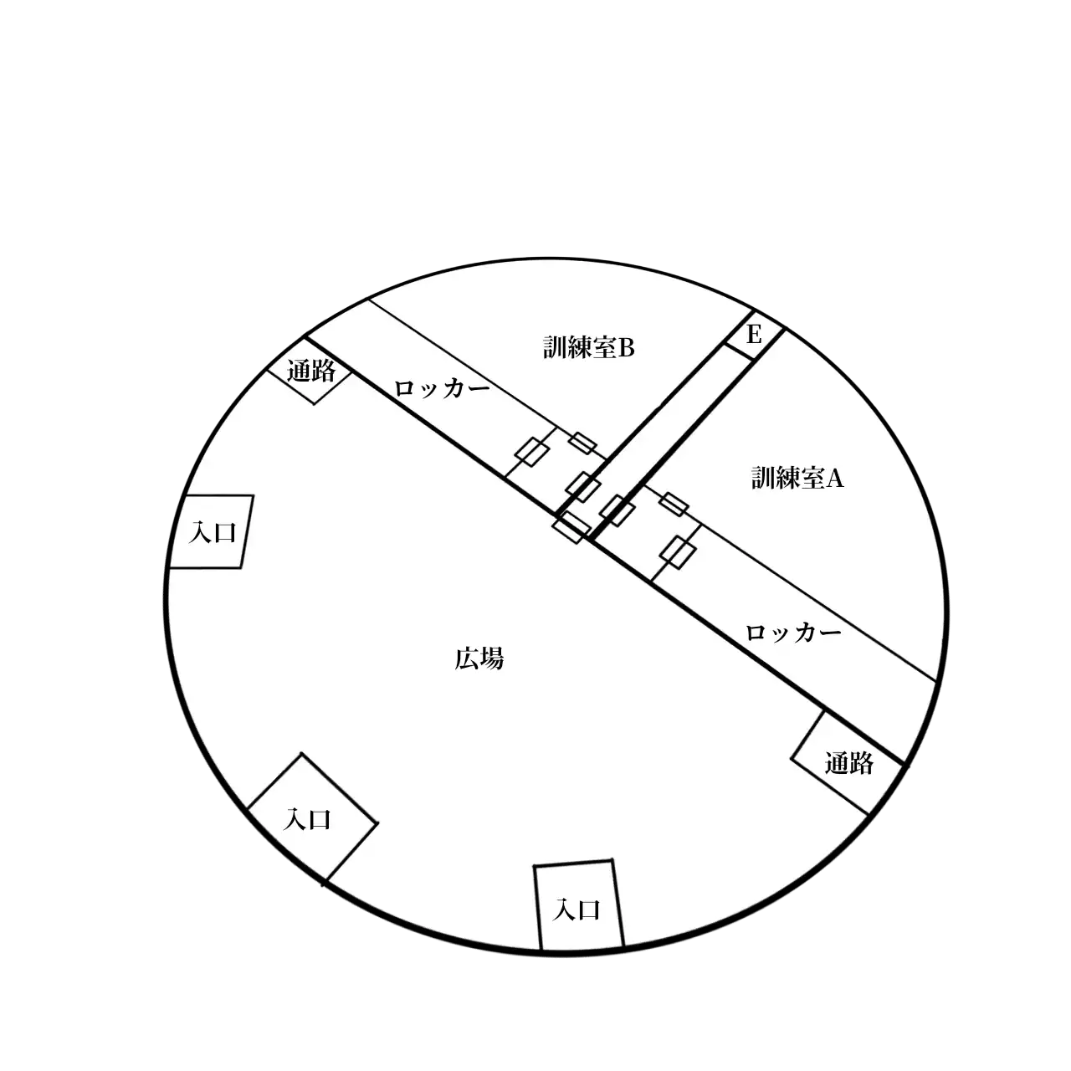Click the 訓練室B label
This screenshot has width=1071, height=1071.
click(588, 348)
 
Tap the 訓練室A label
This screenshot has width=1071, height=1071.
click(797, 478)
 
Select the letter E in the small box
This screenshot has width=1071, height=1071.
click(754, 335)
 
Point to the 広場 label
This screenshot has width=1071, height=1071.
click(479, 659)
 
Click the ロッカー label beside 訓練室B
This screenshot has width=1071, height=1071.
click(442, 388)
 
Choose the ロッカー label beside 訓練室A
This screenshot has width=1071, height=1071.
click(792, 633)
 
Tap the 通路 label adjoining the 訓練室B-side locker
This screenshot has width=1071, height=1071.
click(311, 371)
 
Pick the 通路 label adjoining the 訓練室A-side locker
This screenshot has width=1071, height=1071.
click(848, 764)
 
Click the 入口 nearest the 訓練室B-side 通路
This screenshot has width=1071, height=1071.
click(213, 533)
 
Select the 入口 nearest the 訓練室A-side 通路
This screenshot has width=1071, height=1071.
click(576, 910)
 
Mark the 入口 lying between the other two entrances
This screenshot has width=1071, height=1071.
click(307, 819)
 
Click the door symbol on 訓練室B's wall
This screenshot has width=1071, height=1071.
click(582, 443)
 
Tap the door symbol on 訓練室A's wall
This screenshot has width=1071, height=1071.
click(674, 504)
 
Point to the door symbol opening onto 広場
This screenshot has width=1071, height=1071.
click(571, 527)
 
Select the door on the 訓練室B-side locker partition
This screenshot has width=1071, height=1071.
click(532, 451)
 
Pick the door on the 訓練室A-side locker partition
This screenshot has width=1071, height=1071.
click(678, 552)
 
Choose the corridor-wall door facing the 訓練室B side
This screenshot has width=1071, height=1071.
click(582, 487)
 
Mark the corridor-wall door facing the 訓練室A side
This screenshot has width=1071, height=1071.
click(617, 510)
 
